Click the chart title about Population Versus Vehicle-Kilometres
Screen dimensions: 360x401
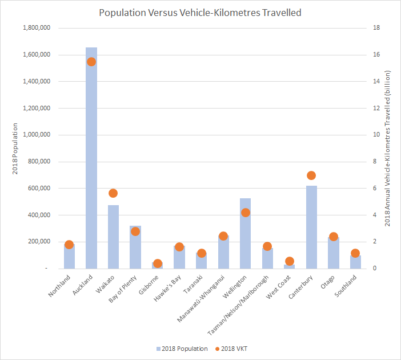pos(200,12)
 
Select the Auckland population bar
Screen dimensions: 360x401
pos(91,171)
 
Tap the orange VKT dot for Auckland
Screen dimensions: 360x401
pos(91,62)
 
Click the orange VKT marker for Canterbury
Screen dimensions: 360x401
pos(311,175)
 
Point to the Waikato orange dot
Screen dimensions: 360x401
pos(113,193)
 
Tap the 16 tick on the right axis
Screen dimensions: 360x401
pos(378,55)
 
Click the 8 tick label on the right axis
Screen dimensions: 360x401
pos(376,162)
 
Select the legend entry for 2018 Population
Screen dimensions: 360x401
pos(182,349)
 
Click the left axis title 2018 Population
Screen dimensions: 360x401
pos(15,149)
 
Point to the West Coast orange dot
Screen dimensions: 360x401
pos(290,261)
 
